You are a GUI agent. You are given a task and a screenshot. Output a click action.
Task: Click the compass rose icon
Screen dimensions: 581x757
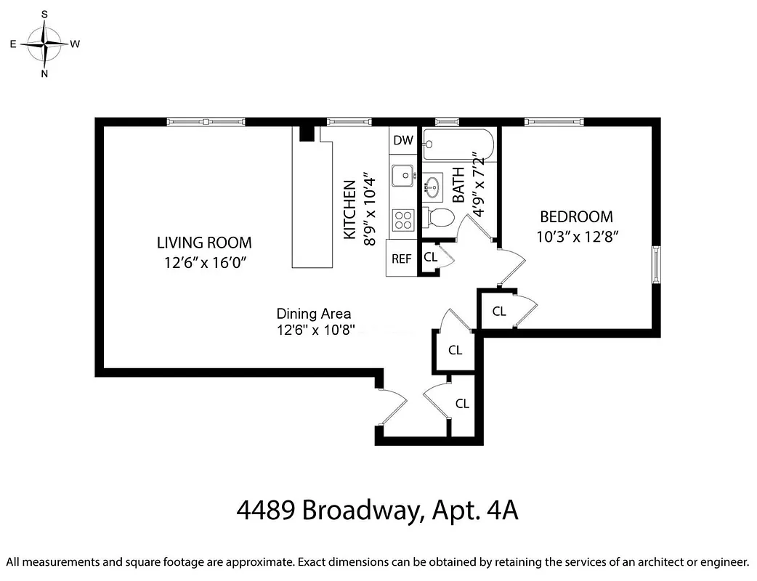(x=45, y=44)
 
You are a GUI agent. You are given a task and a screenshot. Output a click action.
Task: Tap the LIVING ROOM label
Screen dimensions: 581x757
(x=204, y=243)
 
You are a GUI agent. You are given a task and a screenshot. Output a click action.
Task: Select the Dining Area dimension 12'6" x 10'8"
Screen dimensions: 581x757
(x=314, y=330)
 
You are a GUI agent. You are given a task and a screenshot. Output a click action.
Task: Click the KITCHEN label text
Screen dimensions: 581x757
(x=350, y=210)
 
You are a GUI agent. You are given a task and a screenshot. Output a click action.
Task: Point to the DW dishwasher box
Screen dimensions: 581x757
(x=402, y=140)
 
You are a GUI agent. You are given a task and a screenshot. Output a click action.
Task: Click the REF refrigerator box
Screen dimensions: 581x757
(x=402, y=259)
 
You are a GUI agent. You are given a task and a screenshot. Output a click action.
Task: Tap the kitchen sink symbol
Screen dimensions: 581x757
(x=402, y=175)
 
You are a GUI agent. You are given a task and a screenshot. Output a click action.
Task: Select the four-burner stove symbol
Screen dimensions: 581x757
(x=402, y=219)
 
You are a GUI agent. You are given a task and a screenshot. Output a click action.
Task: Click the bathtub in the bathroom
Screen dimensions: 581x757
(x=458, y=145)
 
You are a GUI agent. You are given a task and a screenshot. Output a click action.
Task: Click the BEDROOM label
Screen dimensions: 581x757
(x=576, y=216)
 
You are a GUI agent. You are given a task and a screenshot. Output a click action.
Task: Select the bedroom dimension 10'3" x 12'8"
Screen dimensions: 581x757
(x=578, y=236)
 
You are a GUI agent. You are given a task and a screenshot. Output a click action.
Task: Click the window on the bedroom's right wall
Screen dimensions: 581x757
(x=656, y=264)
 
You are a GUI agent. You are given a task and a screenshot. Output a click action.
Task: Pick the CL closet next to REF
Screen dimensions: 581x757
(x=430, y=256)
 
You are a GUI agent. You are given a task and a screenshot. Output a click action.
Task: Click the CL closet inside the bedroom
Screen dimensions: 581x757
(x=499, y=312)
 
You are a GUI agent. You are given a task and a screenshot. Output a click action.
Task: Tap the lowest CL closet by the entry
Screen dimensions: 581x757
(x=462, y=404)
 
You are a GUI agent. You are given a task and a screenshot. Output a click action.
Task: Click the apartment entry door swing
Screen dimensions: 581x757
(x=392, y=408)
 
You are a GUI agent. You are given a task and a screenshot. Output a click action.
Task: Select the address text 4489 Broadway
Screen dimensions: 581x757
(x=328, y=511)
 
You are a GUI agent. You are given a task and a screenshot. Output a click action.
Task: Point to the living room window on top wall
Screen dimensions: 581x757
(x=206, y=121)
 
